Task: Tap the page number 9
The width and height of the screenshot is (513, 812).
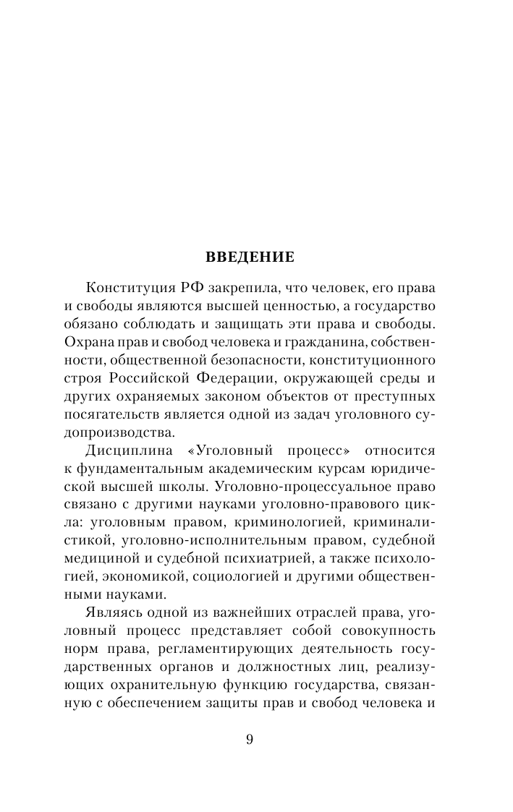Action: click(x=250, y=739)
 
